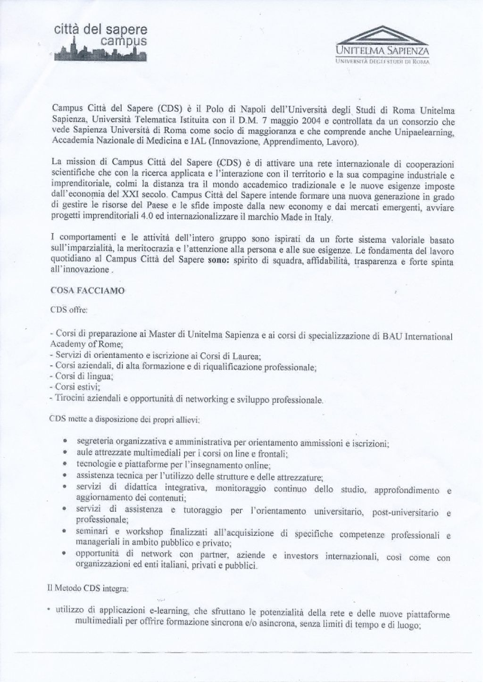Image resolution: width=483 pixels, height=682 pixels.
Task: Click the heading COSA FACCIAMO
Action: tap(87, 291)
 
